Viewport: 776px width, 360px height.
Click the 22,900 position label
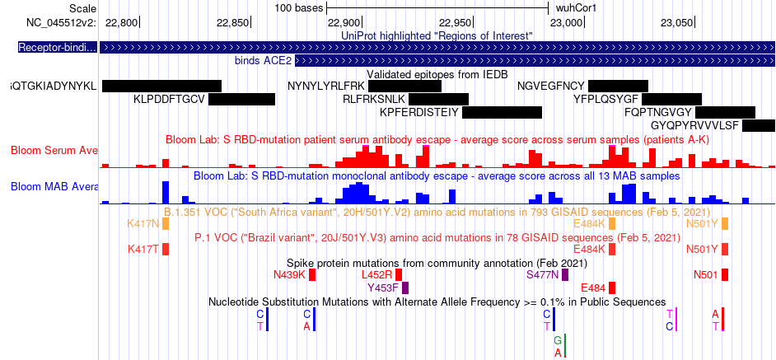[345, 22]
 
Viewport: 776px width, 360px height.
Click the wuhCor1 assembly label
[577, 7]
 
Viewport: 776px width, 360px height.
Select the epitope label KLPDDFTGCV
[169, 99]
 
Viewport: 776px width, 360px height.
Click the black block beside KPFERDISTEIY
[502, 112]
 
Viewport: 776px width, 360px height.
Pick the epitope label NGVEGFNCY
[551, 86]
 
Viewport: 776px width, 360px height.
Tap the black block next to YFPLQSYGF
[671, 99]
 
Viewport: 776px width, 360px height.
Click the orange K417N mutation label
[143, 223]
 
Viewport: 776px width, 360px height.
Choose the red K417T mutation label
[143, 249]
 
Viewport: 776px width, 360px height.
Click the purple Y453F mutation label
[383, 288]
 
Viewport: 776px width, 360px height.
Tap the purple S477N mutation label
[542, 274]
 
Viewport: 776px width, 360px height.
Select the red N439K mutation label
[289, 274]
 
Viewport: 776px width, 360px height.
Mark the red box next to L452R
[399, 274]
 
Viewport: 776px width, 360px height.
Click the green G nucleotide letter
[559, 339]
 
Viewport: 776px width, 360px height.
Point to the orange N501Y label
[702, 223]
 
